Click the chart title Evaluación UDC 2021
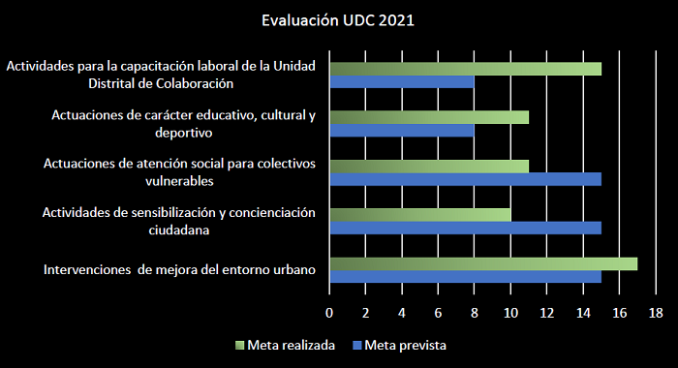point(338,20)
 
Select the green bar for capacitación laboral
point(465,69)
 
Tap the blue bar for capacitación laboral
point(402,82)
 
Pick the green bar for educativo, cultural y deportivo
point(429,117)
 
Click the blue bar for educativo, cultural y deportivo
point(402,131)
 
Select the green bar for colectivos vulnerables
point(429,166)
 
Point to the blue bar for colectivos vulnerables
point(465,179)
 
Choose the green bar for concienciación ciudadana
point(420,214)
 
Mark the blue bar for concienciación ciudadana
point(465,228)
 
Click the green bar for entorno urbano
point(483,262)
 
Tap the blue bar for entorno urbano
point(465,276)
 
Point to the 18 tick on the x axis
point(656,313)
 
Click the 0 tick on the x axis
point(329,313)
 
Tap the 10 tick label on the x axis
point(510,313)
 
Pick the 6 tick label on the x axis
point(438,313)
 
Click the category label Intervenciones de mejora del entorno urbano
point(180,269)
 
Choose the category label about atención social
point(180,172)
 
